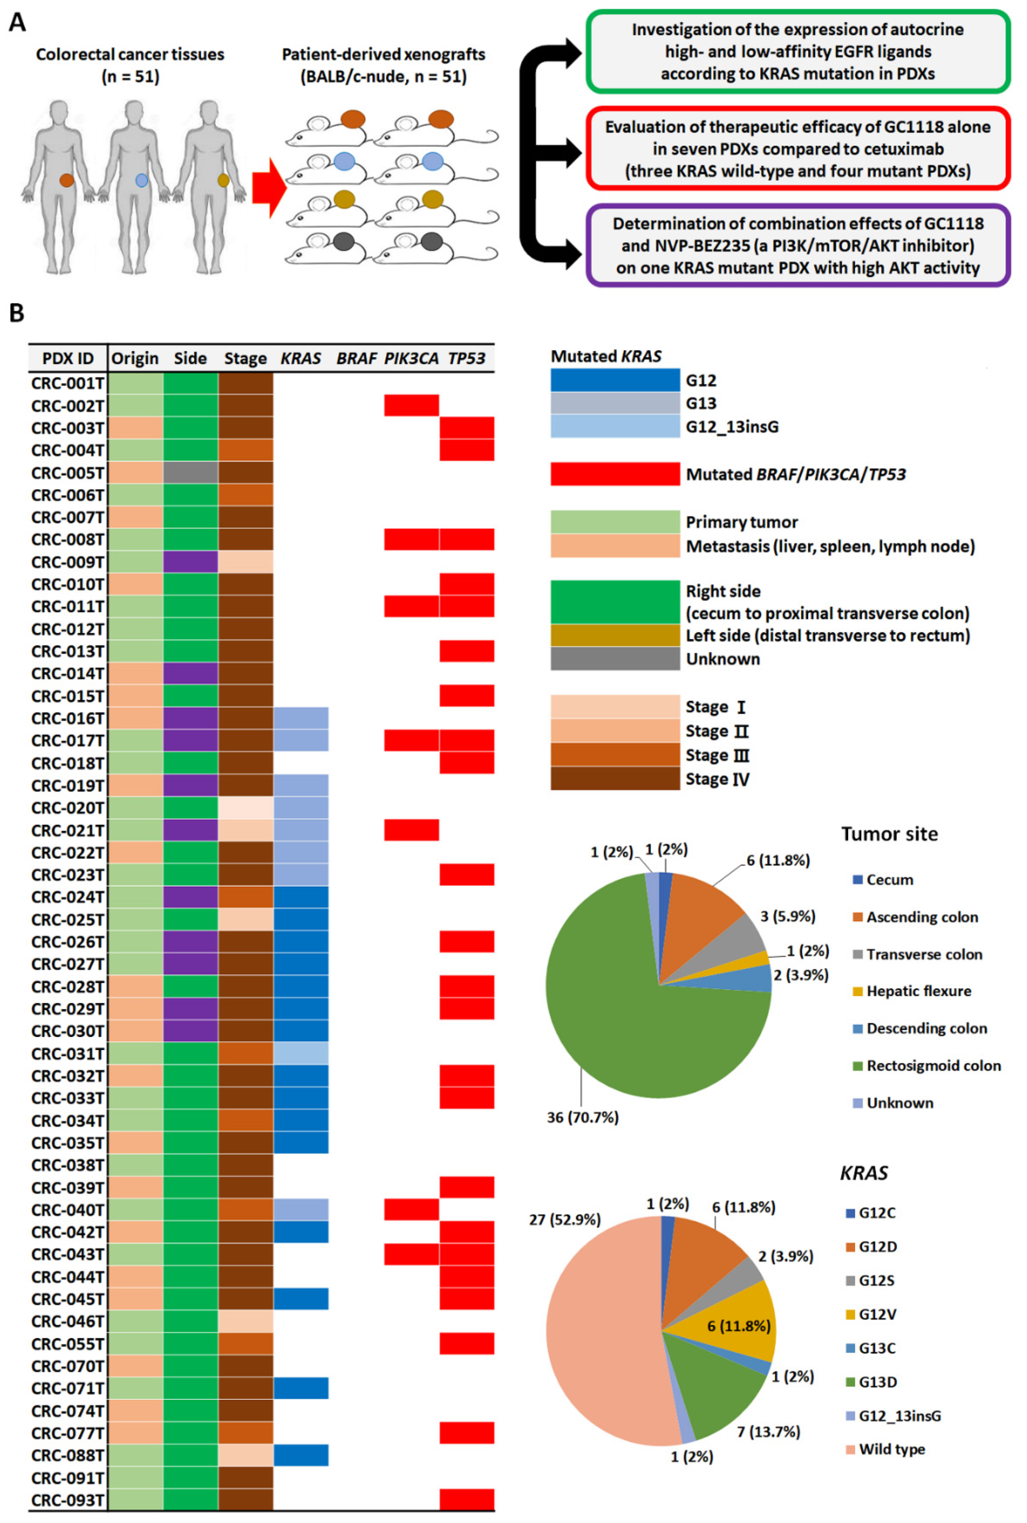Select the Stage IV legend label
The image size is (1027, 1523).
point(717,779)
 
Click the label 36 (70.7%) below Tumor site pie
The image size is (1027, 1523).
point(582,1117)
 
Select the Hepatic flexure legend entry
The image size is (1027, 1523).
point(918,991)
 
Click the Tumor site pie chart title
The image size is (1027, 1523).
point(889,834)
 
